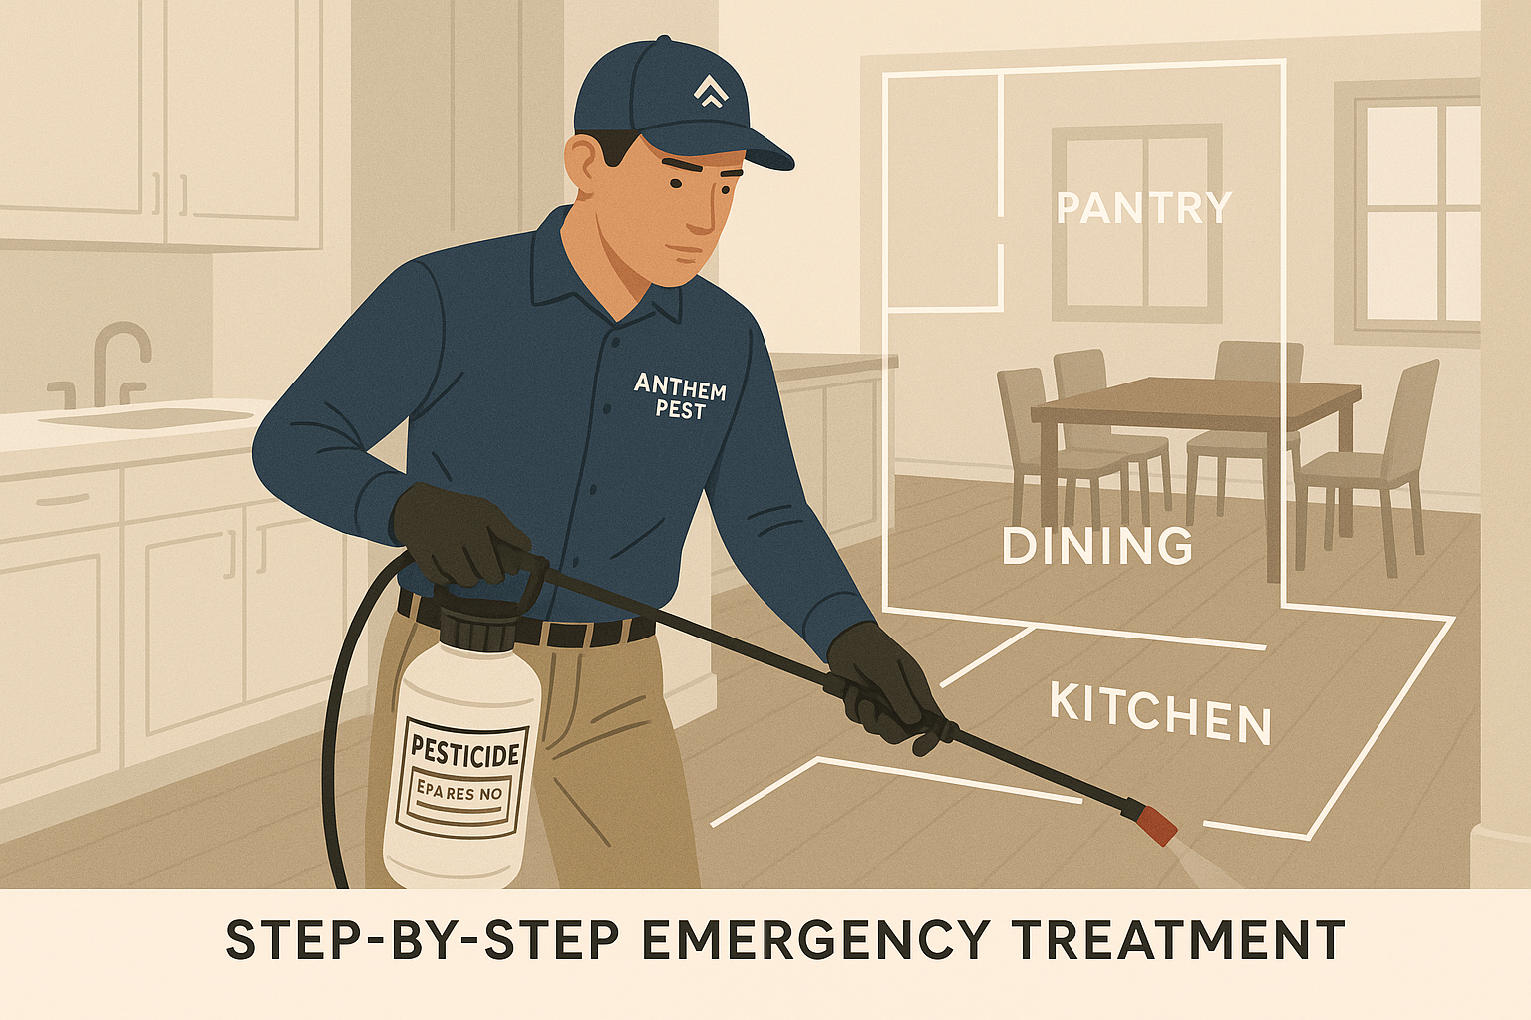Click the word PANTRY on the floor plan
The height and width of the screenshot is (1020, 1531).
pos(1143,208)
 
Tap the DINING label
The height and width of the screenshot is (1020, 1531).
pos(1096,546)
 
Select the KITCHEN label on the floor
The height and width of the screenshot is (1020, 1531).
pos(1160,713)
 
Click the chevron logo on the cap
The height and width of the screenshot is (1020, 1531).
pos(710,92)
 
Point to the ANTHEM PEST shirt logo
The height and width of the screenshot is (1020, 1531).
pos(680,396)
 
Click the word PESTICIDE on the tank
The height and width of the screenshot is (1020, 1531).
pos(465,750)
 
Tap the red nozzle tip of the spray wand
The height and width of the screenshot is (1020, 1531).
pos(1157,826)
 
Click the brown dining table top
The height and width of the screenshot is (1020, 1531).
pos(1196,398)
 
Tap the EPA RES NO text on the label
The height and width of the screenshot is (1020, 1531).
pos(459,793)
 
